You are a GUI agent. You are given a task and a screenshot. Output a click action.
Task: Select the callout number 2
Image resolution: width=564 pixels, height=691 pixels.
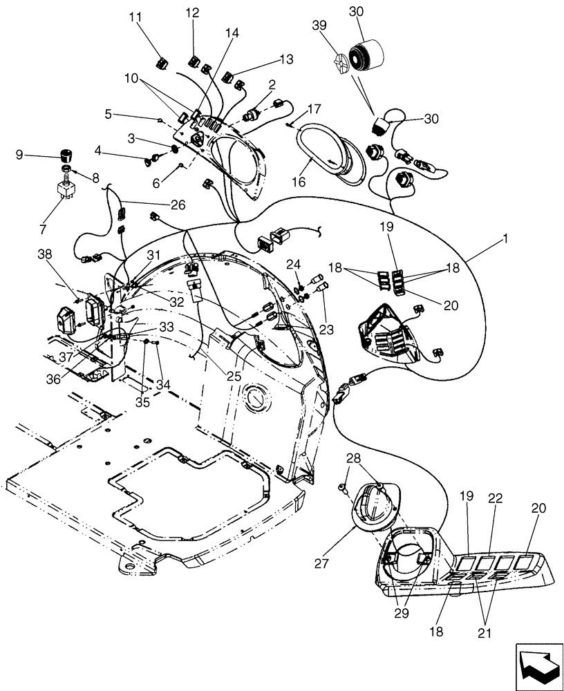(x=272, y=84)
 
